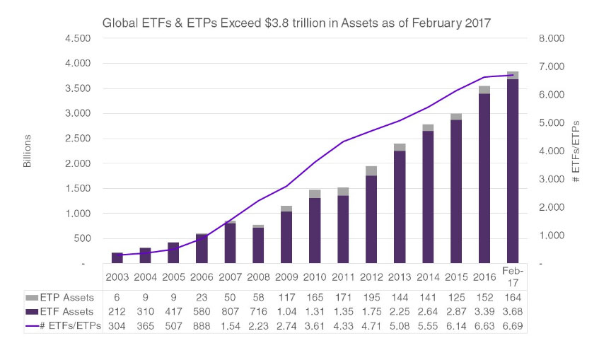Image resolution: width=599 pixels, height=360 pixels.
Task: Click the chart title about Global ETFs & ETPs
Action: pyautogui.click(x=296, y=23)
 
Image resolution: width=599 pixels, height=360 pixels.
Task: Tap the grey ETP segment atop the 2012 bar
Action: pyautogui.click(x=371, y=170)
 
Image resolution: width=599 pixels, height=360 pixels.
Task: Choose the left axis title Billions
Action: pyautogui.click(x=28, y=150)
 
